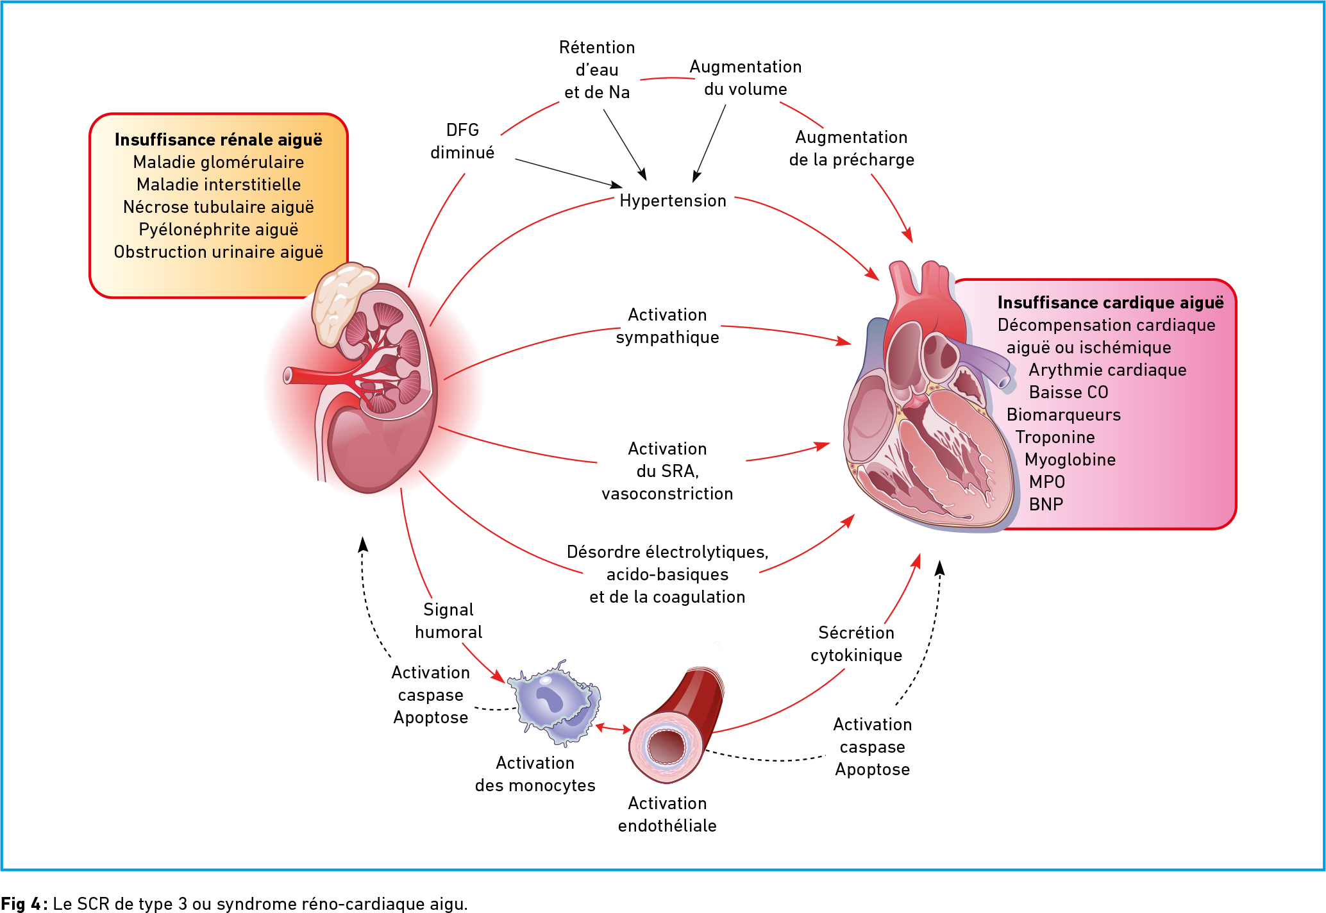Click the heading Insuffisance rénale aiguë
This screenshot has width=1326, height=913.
point(218,140)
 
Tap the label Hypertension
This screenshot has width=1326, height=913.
point(673,201)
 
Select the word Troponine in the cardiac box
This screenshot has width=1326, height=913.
point(1055,437)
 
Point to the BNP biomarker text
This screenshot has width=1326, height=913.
point(1046,505)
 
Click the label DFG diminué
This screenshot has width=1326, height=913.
point(462,141)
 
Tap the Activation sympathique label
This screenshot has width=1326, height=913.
point(667,326)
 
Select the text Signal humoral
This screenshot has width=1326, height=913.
point(448,621)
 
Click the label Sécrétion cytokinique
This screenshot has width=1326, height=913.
point(856,644)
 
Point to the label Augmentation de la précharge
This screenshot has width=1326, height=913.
point(852,148)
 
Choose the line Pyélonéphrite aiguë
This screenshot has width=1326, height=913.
point(218,230)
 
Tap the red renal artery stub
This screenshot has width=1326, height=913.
point(301,375)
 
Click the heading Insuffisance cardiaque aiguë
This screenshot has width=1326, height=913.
point(1110,303)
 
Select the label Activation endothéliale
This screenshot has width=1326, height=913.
point(667,814)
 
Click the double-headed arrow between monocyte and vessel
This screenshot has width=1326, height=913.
point(613,728)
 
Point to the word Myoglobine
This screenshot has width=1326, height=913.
point(1070,460)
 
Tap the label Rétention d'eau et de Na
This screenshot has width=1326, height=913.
point(596,70)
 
